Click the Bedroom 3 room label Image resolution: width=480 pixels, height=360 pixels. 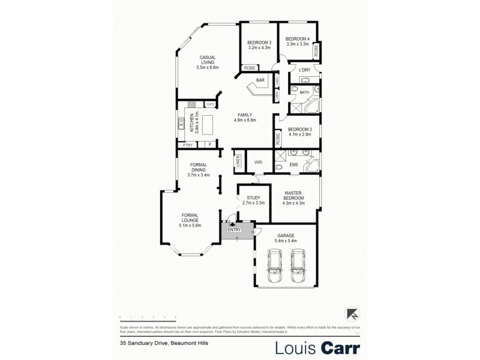click(259, 43)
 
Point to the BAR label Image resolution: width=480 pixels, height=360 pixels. click(260, 80)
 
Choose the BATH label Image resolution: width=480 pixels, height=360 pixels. click(304, 92)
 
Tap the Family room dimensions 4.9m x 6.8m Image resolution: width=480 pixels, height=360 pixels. click(245, 120)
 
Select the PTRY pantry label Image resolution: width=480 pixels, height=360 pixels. click(188, 145)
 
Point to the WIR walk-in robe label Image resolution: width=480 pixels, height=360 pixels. click(259, 162)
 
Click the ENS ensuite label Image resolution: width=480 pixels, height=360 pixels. click(294, 164)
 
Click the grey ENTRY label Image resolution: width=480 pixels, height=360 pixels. click(234, 229)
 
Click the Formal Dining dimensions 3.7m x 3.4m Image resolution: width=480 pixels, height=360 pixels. click(198, 175)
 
